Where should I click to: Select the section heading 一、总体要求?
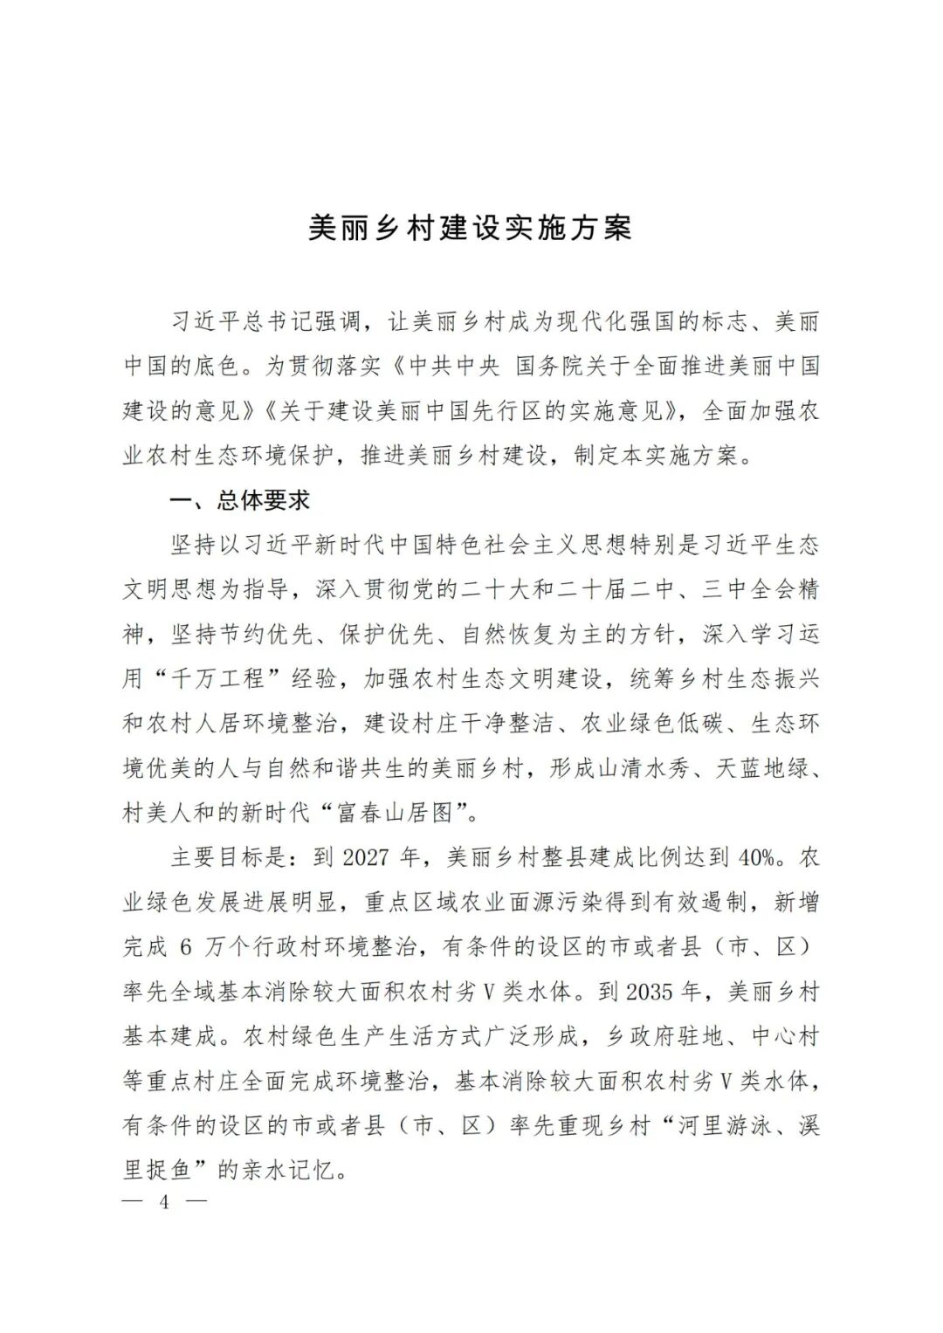click(239, 501)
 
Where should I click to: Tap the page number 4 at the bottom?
click(164, 1202)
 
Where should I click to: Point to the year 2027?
click(366, 857)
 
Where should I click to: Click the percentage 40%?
click(756, 857)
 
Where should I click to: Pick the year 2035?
click(649, 992)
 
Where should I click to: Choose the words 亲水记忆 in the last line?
click(286, 1170)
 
